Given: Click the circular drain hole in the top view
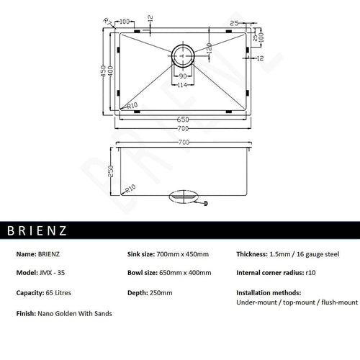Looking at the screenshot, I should pos(183,55).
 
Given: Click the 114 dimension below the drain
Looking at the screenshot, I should pos(184,86).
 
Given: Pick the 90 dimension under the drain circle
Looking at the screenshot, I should pos(183,76).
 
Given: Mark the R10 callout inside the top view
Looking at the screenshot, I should pos(131,107).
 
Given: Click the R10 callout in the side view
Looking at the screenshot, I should pos(130,189).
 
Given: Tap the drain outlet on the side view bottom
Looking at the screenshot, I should pos(184,196).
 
